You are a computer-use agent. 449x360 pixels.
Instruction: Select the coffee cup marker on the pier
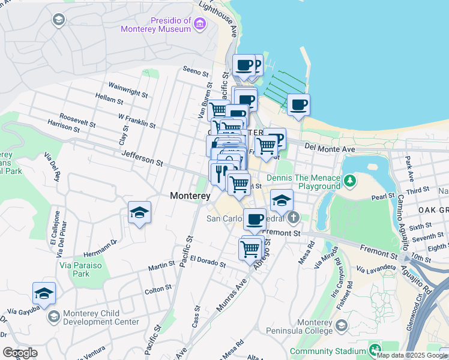298,105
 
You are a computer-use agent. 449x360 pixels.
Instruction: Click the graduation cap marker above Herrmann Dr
139,212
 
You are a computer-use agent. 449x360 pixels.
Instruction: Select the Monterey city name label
190,196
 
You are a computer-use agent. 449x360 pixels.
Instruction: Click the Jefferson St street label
142,158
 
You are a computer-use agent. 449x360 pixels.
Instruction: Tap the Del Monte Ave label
330,148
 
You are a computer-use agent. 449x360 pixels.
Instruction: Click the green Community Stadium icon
375,349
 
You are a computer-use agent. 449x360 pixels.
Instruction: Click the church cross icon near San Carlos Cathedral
292,217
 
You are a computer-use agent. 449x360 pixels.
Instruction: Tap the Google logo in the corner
20,352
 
